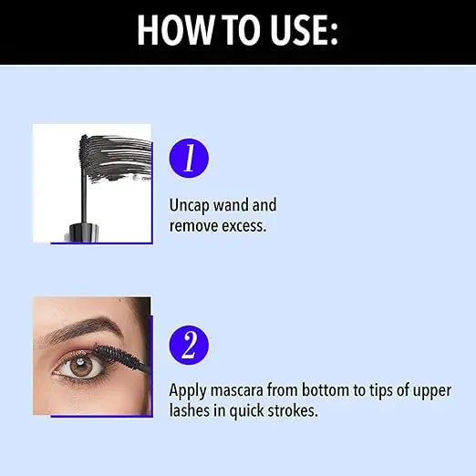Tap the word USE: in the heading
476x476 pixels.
[x=297, y=30]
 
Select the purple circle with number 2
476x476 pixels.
[x=190, y=345]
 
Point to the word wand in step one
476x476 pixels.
[x=235, y=206]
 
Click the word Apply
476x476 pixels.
[x=188, y=390]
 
